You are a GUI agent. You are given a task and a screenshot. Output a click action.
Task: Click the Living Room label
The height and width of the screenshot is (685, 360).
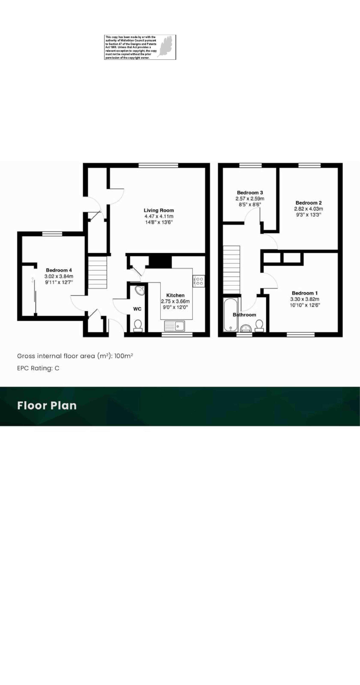159,210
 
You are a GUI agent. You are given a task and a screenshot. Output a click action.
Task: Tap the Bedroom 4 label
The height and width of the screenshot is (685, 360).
59,270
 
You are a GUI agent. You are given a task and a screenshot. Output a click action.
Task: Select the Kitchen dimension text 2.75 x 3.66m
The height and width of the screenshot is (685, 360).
175,301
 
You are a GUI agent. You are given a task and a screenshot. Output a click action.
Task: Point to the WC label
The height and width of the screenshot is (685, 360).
137,309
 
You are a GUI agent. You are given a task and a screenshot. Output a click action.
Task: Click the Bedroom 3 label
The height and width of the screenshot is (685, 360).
250,192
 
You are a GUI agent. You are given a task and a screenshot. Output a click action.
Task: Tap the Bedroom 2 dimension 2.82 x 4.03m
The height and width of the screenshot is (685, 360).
309,209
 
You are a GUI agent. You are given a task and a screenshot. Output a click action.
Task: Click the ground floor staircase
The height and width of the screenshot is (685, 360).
97,272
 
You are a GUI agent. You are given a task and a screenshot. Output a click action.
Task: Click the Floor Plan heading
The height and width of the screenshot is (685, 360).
47,406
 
